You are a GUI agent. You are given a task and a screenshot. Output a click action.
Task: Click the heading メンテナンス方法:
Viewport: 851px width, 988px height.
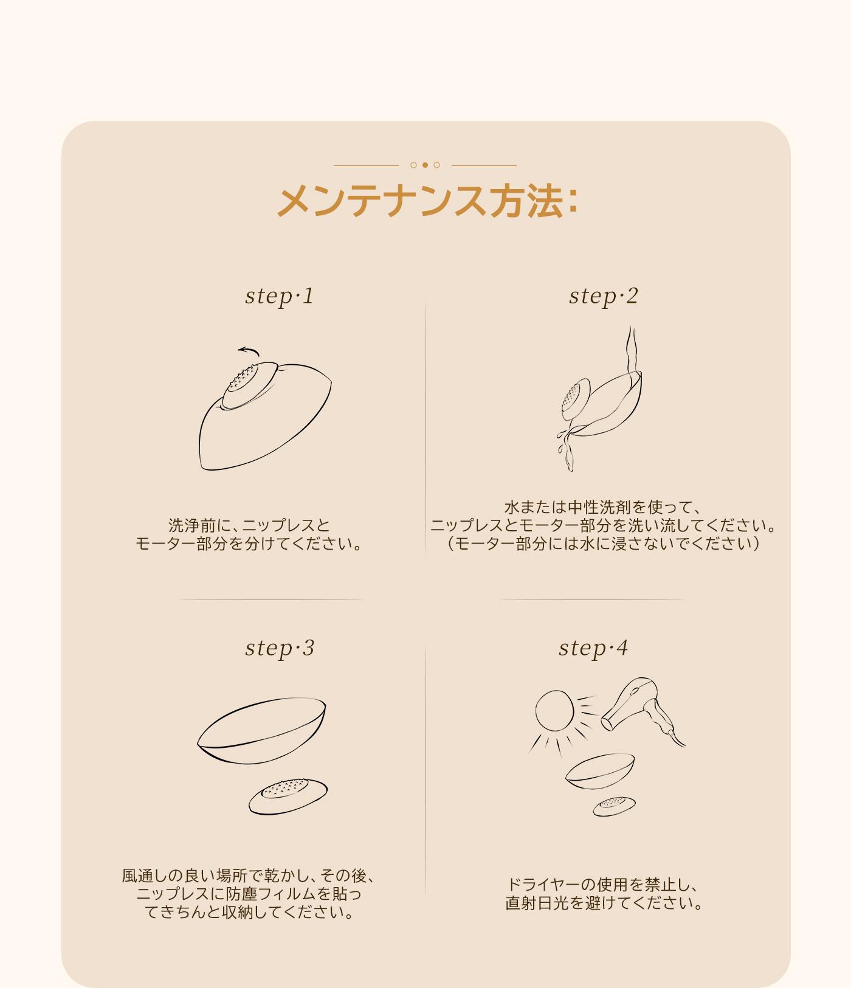[427, 201]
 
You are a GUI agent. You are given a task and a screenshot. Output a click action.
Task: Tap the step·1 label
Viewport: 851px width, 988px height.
[280, 296]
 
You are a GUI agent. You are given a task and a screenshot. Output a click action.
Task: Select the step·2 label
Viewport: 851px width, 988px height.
[604, 296]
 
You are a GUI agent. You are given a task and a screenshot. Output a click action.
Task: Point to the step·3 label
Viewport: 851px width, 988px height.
[280, 648]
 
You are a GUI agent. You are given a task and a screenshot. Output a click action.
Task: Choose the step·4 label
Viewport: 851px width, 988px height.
[593, 648]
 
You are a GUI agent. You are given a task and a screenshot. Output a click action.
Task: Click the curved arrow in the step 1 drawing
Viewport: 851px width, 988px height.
[249, 350]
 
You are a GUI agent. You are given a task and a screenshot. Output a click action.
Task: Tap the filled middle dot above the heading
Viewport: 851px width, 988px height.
[425, 165]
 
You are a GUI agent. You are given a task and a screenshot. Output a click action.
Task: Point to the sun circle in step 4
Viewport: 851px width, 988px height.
[554, 710]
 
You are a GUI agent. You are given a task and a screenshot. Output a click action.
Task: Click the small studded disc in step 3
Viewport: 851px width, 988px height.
[288, 796]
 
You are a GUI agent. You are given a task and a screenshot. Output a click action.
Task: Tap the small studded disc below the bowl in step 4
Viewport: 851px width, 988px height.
[615, 806]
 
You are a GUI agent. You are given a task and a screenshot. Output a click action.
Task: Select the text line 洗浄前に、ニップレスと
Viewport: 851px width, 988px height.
[249, 525]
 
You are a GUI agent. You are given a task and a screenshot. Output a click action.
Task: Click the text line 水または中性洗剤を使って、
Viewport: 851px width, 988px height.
[603, 507]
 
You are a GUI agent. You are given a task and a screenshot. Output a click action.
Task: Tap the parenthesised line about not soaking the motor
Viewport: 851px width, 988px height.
[604, 544]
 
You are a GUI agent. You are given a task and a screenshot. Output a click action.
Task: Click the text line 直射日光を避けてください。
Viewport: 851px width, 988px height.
[604, 903]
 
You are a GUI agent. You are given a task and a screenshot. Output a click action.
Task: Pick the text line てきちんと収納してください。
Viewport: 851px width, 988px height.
[249, 913]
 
